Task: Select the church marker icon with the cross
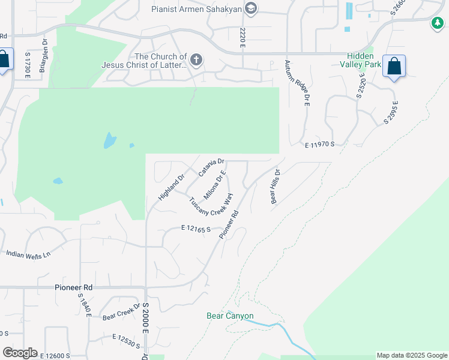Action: tap(196, 59)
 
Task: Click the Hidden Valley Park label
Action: tap(361, 59)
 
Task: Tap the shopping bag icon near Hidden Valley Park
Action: tap(394, 66)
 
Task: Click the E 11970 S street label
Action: tap(319, 145)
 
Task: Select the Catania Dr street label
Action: tap(211, 166)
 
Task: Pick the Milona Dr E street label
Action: tap(213, 185)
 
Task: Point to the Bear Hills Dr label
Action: tap(276, 186)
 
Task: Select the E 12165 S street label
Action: tap(196, 229)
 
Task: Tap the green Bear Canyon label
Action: tap(230, 316)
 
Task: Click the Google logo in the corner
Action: tap(20, 353)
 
